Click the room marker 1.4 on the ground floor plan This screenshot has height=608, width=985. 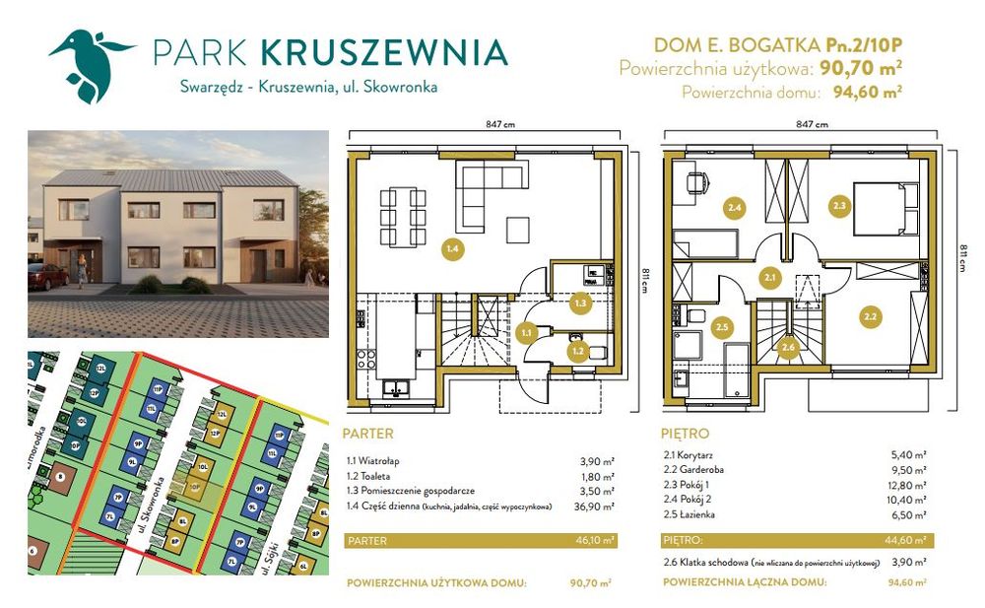452,249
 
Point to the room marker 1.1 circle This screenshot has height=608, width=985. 526,333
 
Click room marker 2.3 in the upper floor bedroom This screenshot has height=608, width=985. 839,206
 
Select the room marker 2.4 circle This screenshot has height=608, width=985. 734,208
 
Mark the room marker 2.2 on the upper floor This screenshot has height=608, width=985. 869,316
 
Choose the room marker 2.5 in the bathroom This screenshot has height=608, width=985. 721,326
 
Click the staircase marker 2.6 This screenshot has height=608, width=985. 787,347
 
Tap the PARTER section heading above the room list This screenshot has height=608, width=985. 369,434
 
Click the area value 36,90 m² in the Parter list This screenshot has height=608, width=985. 595,507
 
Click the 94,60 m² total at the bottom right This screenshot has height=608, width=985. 906,582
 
